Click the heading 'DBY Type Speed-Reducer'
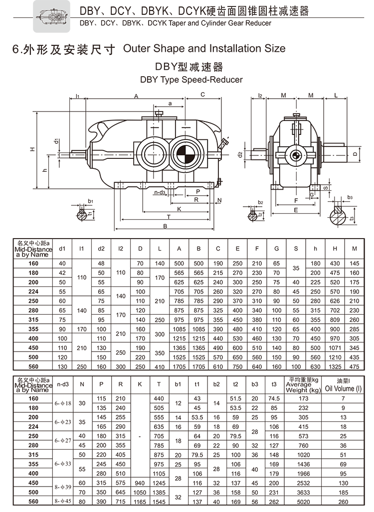point(191,80)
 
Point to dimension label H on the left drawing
point(32,148)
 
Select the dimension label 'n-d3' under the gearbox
point(160,192)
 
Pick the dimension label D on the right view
point(355,154)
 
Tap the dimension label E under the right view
point(296,210)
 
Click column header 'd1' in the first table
point(62,248)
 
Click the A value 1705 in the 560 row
point(179,367)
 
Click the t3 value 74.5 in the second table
point(274,398)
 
